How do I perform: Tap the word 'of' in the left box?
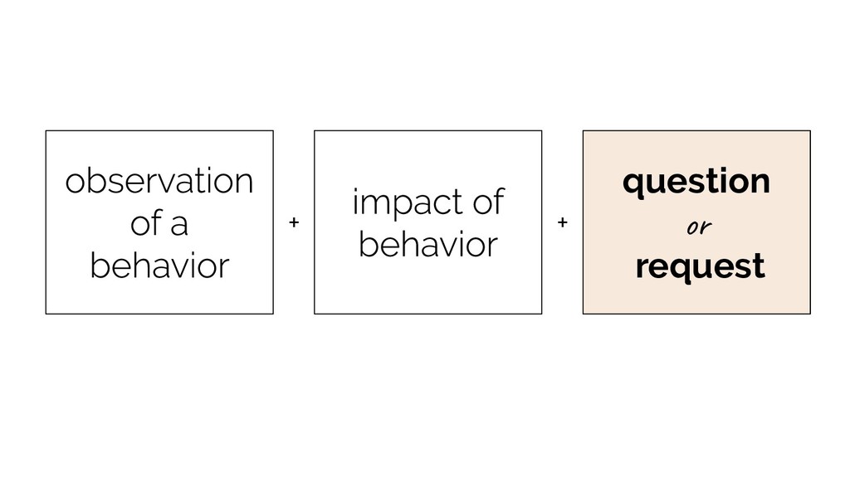click(x=146, y=222)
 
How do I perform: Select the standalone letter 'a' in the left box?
click(x=179, y=227)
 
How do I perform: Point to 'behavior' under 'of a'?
click(x=159, y=266)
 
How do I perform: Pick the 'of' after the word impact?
click(x=489, y=202)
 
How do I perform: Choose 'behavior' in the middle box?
click(x=428, y=244)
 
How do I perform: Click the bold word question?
click(x=696, y=182)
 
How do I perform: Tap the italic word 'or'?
click(x=699, y=227)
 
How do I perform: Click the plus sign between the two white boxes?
click(x=294, y=222)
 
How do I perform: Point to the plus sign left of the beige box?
click(x=563, y=222)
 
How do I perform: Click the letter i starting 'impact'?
click(x=355, y=202)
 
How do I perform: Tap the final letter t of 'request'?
click(x=759, y=266)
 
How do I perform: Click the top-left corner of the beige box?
click(x=584, y=130)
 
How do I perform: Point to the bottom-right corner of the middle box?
click(x=541, y=314)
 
